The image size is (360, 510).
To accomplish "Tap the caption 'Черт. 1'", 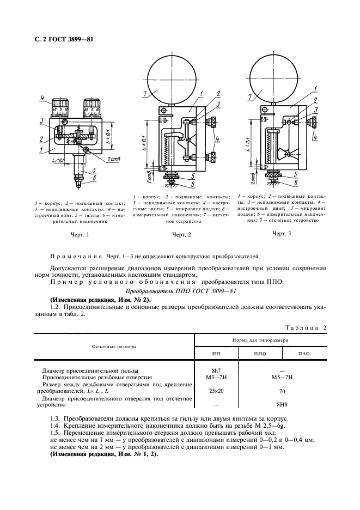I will (x=80, y=235).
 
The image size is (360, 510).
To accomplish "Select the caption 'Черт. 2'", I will (x=181, y=235).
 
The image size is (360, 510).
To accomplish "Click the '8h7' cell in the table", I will (x=216, y=369).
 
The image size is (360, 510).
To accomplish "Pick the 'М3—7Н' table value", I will (x=216, y=376).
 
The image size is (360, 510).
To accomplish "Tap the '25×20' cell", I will (x=216, y=391).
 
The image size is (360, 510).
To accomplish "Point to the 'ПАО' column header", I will (x=304, y=353).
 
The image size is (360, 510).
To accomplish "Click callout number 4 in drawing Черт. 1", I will (x=41, y=98).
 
